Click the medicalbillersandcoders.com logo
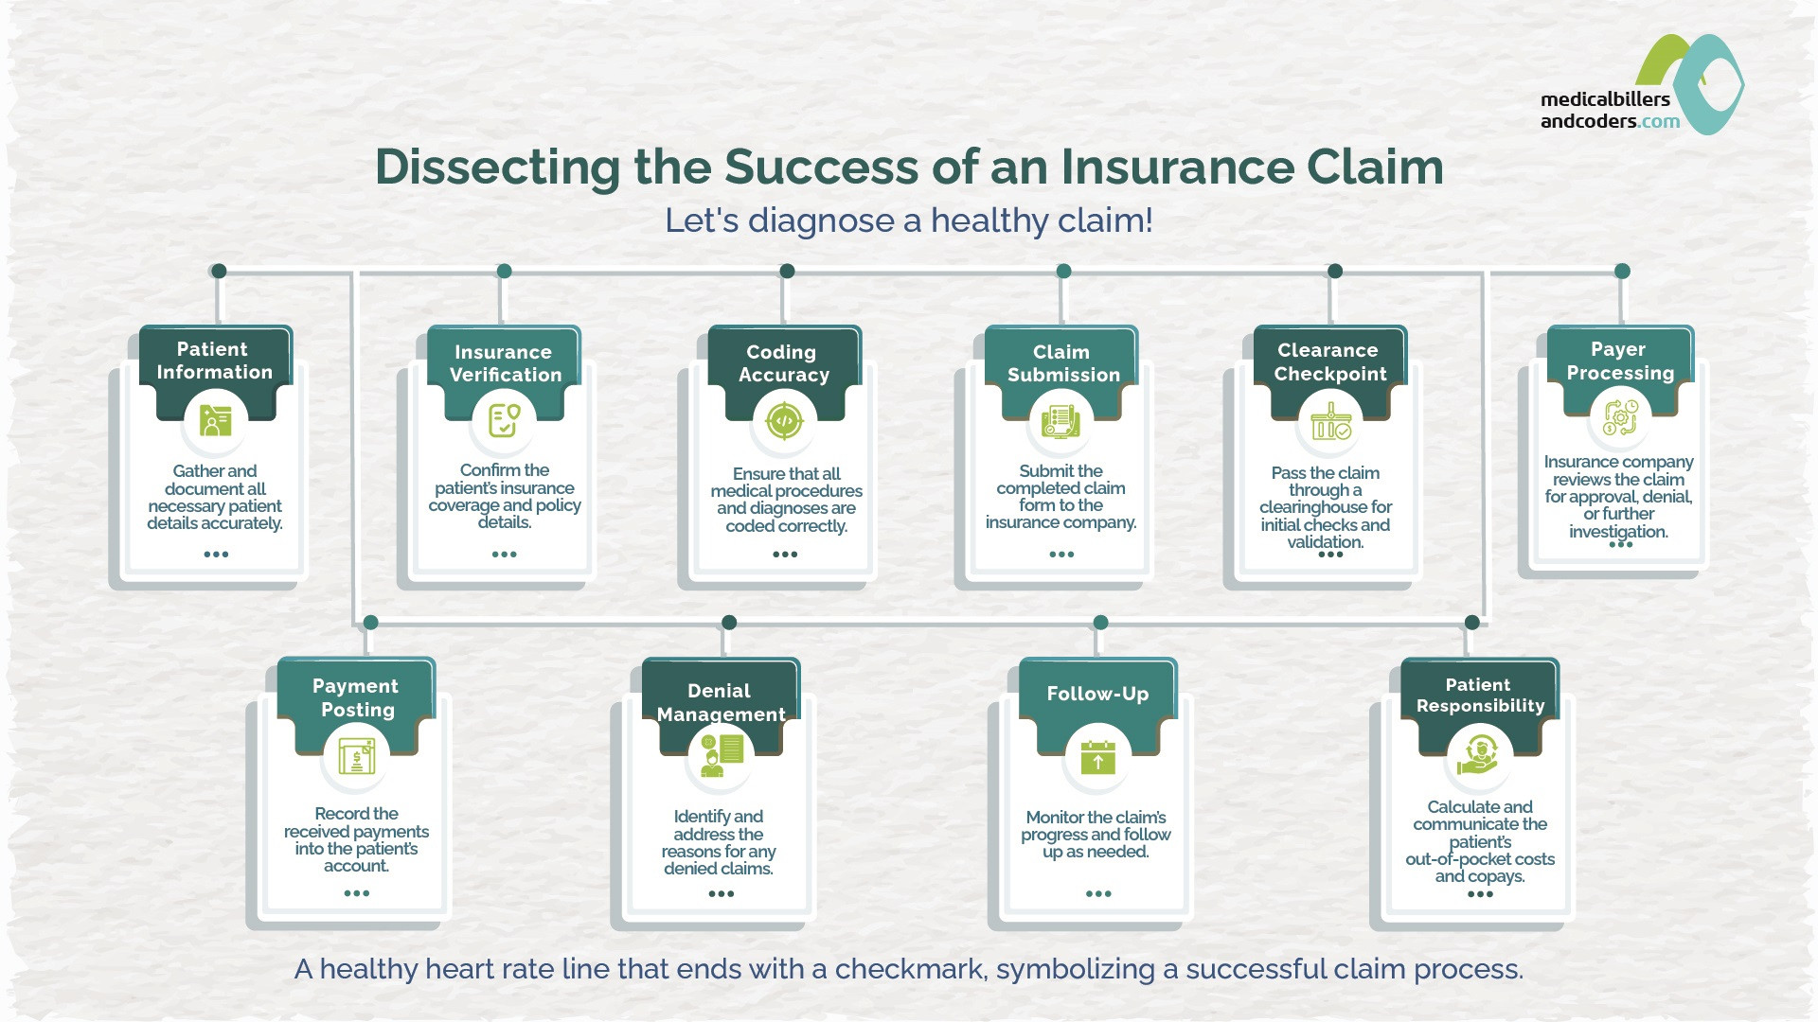1642,85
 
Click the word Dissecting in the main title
497,168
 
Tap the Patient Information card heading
214,361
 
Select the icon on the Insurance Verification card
504,421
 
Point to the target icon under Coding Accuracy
784,421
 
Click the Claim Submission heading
1063,363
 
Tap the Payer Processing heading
1620,361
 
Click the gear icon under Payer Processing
1620,417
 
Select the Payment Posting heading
356,697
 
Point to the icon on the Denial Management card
721,755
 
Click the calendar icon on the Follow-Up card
1097,758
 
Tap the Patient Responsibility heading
1480,695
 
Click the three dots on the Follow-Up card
1098,893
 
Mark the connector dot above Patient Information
219,271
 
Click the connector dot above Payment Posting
371,622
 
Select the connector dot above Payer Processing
1622,271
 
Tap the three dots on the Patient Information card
216,555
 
